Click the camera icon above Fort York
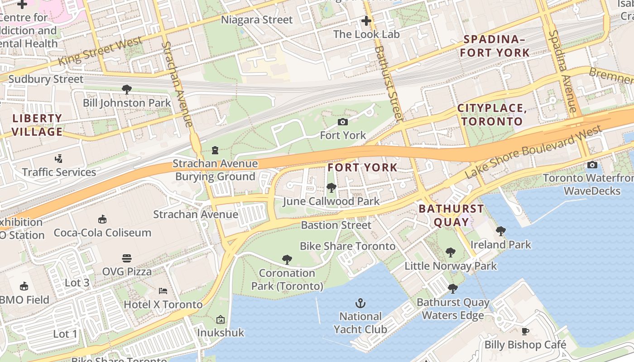pos(343,122)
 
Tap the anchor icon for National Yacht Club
pos(360,303)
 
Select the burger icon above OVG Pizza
pos(127,258)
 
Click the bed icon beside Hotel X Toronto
pos(163,291)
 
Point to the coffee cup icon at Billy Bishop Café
pos(525,331)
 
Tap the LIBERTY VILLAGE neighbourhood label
pos(37,125)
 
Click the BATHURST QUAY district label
pos(451,215)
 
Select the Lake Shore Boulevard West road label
pos(534,152)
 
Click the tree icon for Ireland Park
pos(500,231)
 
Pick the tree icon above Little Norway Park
pos(450,252)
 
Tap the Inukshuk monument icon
pos(221,319)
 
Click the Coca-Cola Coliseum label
pos(102,233)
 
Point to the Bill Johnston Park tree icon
pos(127,90)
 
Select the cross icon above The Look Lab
pos(366,21)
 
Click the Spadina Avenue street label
pos(562,71)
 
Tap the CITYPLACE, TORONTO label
pos(492,115)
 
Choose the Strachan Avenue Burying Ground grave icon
pos(215,150)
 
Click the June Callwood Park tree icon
pos(331,187)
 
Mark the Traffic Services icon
pos(58,159)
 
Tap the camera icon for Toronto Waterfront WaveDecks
pos(592,165)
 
